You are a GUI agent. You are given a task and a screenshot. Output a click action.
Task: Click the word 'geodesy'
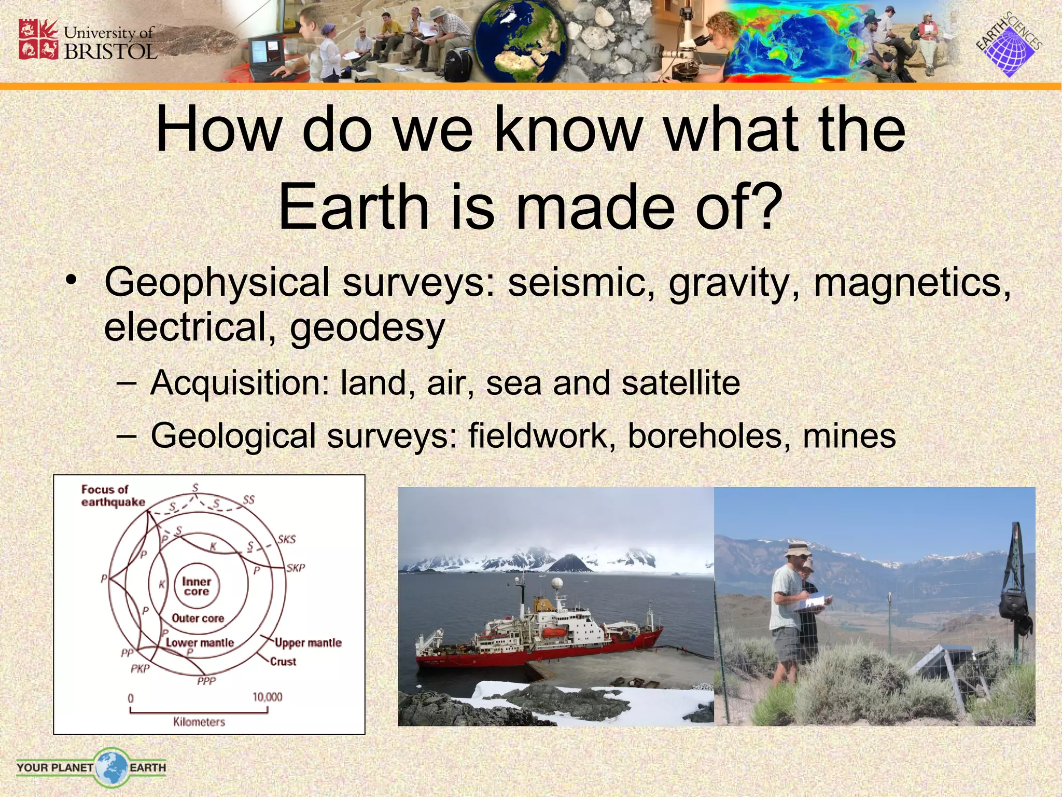click(367, 327)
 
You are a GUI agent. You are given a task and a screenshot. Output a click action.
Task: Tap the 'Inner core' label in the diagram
click(197, 586)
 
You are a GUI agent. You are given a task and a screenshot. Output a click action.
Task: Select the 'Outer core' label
click(198, 618)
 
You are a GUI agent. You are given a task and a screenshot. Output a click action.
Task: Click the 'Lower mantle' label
click(200, 642)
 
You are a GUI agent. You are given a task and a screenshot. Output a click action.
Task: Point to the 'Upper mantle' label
click(308, 643)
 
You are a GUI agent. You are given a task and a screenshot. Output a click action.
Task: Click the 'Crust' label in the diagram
click(283, 662)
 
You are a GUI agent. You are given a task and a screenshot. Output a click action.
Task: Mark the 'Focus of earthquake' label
click(113, 496)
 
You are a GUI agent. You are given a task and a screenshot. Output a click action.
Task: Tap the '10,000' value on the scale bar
click(268, 697)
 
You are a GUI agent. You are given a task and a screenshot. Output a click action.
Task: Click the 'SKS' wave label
click(287, 539)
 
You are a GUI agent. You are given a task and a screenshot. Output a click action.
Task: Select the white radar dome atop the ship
click(557, 583)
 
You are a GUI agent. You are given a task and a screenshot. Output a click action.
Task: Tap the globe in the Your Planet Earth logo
click(111, 767)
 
